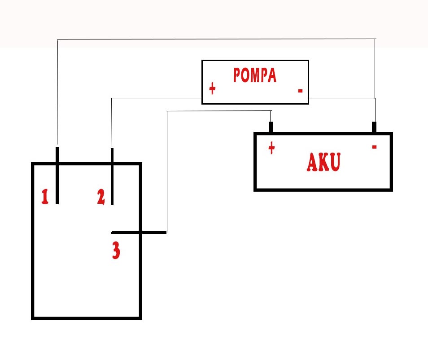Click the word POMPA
255,75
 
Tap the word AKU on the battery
323,162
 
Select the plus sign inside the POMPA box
212,88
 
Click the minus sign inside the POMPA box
300,91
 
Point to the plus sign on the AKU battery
271,148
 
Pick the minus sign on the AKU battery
374,147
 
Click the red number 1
45,197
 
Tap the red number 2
101,197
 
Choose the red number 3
116,250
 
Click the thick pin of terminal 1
57,176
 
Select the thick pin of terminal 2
112,176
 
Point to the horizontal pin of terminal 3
139,233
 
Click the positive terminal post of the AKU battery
271,127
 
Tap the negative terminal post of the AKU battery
374,127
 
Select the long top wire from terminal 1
216,39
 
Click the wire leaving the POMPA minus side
342,98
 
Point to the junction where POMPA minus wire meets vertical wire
376,98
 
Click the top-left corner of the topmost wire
57,40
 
